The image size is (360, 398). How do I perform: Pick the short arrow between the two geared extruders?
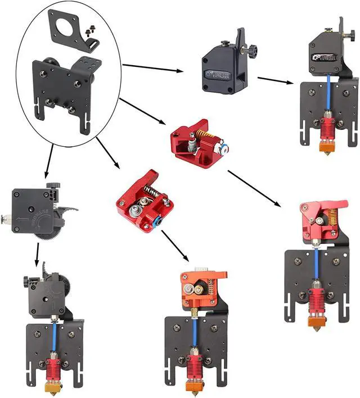[38, 259]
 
